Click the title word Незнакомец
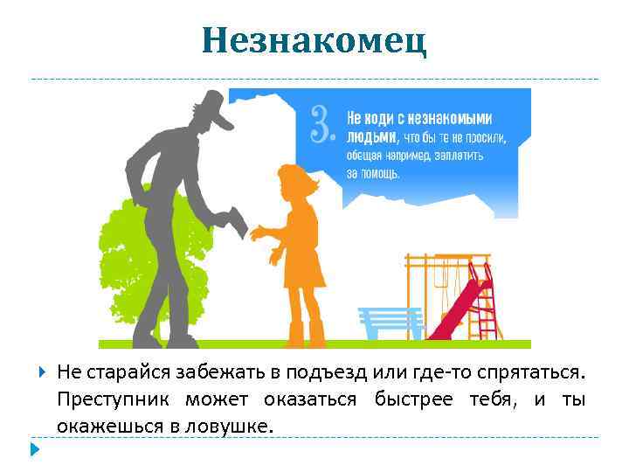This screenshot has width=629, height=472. (x=314, y=39)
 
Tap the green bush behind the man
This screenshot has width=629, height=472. (x=122, y=262)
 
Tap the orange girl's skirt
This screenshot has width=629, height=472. (x=302, y=271)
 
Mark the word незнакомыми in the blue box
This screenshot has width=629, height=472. (x=450, y=118)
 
